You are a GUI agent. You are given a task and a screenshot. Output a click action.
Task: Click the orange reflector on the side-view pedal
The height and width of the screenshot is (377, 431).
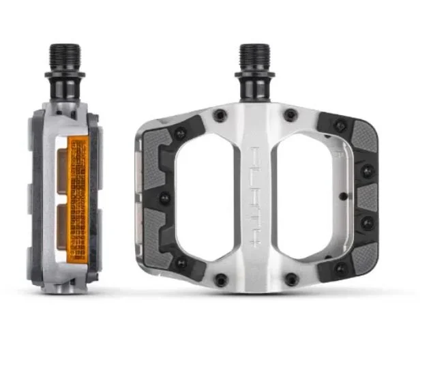[x=77, y=194]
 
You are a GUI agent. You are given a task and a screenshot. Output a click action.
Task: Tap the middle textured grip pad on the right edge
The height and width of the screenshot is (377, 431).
[x=367, y=198]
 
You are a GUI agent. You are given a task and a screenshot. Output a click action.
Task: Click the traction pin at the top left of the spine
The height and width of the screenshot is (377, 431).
[x=220, y=115]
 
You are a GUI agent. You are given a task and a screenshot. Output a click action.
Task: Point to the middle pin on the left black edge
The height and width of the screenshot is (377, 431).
[x=164, y=198]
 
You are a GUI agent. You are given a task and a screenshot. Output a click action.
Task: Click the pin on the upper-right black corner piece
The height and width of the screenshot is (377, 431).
[x=340, y=126]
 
